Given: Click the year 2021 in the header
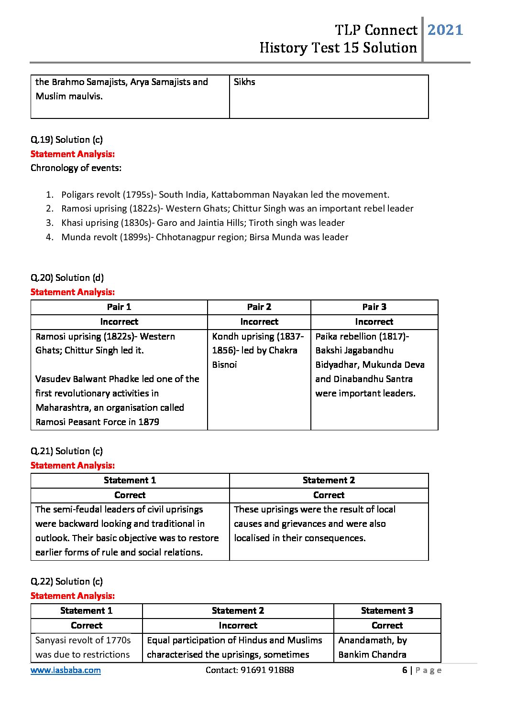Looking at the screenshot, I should tap(445, 30).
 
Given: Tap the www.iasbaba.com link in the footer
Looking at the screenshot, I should tap(66, 670).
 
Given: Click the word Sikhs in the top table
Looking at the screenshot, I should tap(244, 82).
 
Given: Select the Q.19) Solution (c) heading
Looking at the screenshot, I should tap(66, 139).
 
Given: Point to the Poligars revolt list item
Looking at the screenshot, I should tap(225, 194).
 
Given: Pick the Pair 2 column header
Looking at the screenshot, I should tap(259, 307).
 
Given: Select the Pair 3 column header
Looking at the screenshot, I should tap(374, 307).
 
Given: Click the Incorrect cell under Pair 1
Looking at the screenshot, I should tap(119, 321).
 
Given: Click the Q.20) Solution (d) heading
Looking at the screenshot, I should tap(67, 277).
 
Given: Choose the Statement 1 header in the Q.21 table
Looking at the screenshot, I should tap(130, 480).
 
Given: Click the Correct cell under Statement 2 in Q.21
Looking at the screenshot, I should tap(329, 495).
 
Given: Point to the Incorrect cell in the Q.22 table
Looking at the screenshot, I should tap(238, 625).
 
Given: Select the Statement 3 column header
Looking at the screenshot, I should tap(387, 610).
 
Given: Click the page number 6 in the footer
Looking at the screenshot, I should tap(405, 670).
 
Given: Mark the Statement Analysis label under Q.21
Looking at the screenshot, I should tap(73, 465).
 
